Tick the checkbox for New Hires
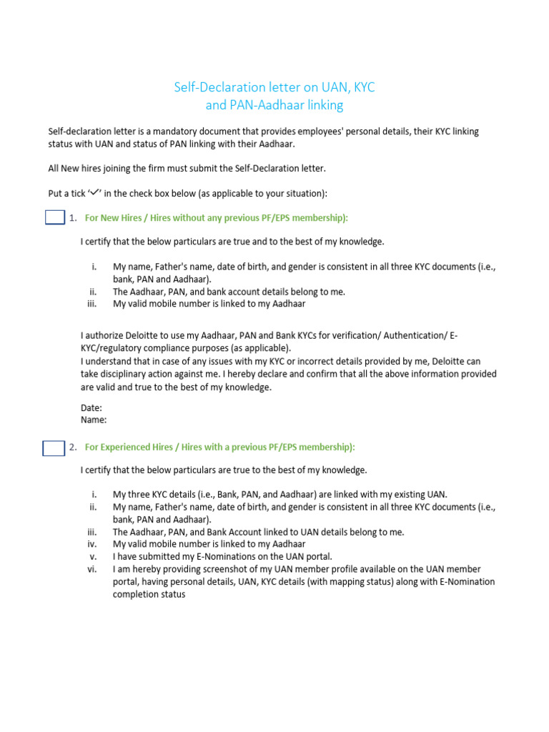pos(55,217)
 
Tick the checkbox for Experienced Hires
pos(54,448)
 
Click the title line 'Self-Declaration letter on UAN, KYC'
pos(274,87)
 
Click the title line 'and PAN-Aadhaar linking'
pos(274,105)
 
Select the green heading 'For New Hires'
pos(216,217)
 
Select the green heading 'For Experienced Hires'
pos(219,447)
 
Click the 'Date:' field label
pos(91,407)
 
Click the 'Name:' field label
pos(94,420)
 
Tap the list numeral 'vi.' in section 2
pos(91,569)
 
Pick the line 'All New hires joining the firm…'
pos(187,168)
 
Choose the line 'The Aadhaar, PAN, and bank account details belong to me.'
pos(229,291)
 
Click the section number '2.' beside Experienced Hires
pos(73,447)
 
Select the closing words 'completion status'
pos(149,594)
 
